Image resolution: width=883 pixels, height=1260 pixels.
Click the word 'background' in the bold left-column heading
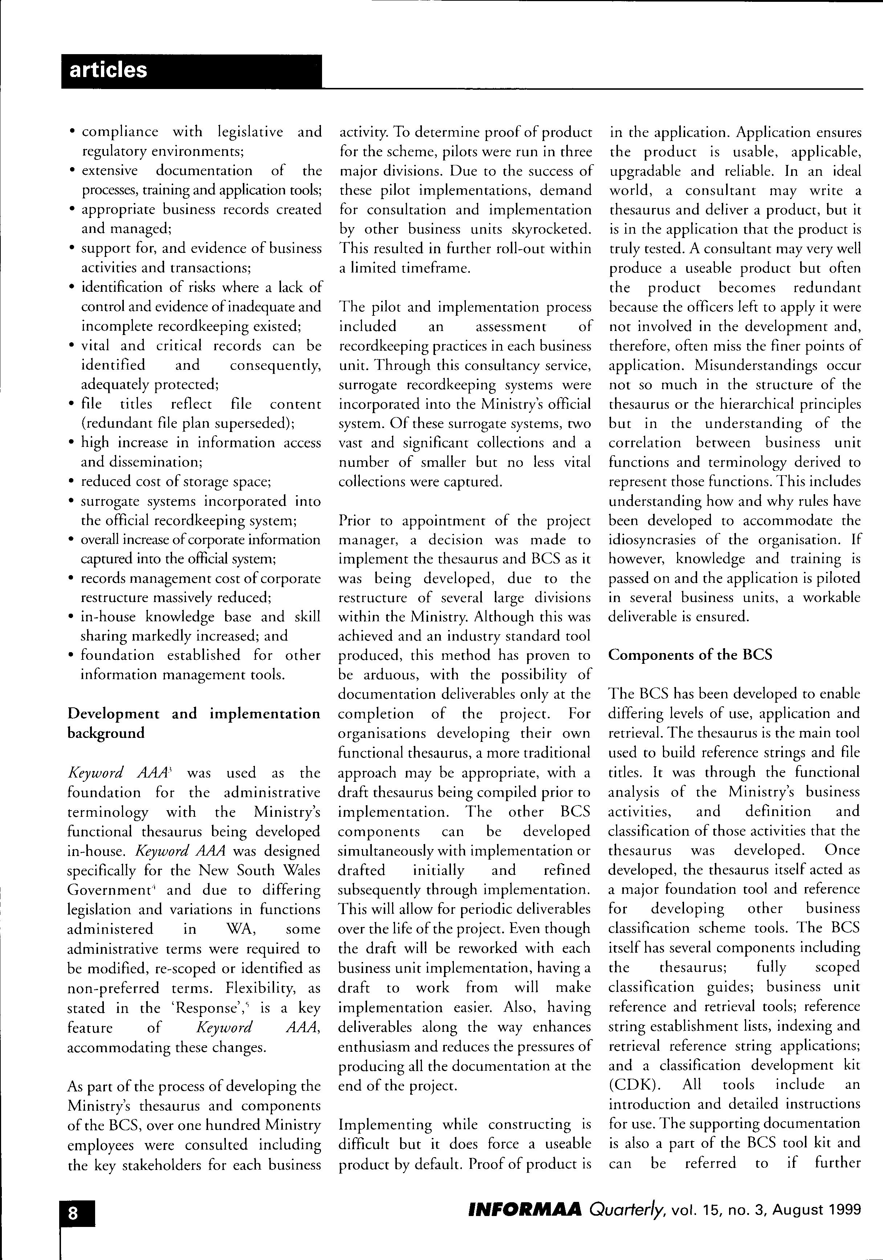(106, 734)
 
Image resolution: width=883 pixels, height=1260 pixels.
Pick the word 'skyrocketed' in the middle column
(554, 229)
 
